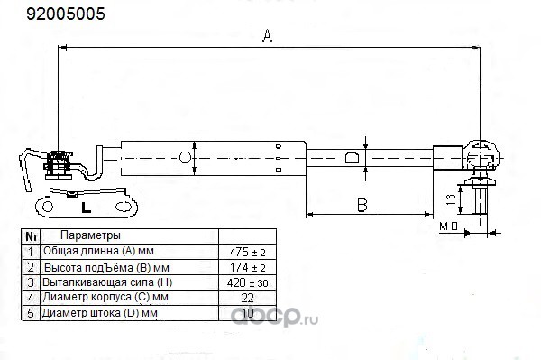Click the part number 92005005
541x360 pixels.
pyautogui.click(x=66, y=14)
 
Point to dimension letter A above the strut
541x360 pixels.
pyautogui.click(x=268, y=35)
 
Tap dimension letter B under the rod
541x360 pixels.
pyautogui.click(x=362, y=205)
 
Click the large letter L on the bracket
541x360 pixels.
pyautogui.click(x=86, y=208)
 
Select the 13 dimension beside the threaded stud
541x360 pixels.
pyautogui.click(x=451, y=199)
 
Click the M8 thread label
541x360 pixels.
pyautogui.click(x=448, y=226)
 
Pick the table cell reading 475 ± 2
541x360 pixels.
pyautogui.click(x=247, y=253)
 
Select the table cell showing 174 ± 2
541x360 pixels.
pyautogui.click(x=247, y=267)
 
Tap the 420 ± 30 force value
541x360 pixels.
pyautogui.click(x=247, y=283)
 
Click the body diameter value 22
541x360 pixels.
pyautogui.click(x=247, y=298)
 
